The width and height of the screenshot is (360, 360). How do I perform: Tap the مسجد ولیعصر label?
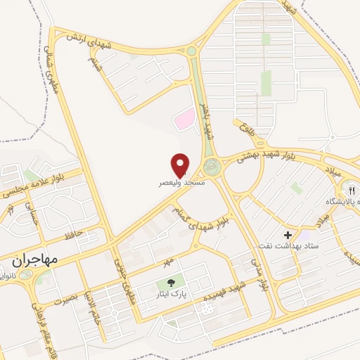tap(181, 181)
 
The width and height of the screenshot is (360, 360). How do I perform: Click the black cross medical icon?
tap(288, 234)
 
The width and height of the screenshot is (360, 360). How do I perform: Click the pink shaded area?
tap(184, 118)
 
